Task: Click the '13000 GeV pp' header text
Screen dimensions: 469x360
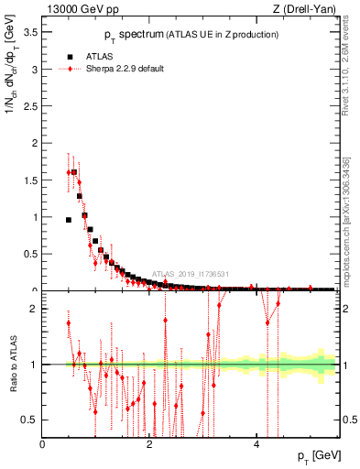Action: (82, 10)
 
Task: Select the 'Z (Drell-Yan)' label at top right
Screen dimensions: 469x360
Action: (304, 10)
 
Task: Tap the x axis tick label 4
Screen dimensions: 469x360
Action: (256, 443)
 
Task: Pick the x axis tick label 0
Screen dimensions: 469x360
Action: (42, 443)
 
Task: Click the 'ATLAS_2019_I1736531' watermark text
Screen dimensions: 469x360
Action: (190, 274)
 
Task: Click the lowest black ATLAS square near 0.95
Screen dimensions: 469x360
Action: (69, 220)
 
